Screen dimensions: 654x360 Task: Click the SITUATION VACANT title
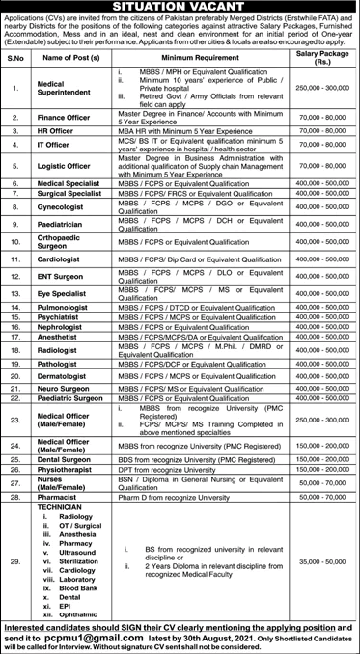pos(180,7)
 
